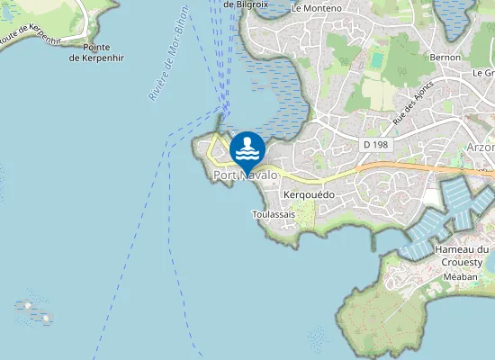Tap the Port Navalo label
click(x=245, y=176)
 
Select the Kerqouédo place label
click(x=309, y=195)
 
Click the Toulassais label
click(x=274, y=215)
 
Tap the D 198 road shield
click(x=375, y=144)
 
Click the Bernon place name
click(x=445, y=57)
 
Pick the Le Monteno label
click(x=317, y=7)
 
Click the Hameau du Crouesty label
click(x=461, y=256)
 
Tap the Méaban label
click(x=460, y=277)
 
